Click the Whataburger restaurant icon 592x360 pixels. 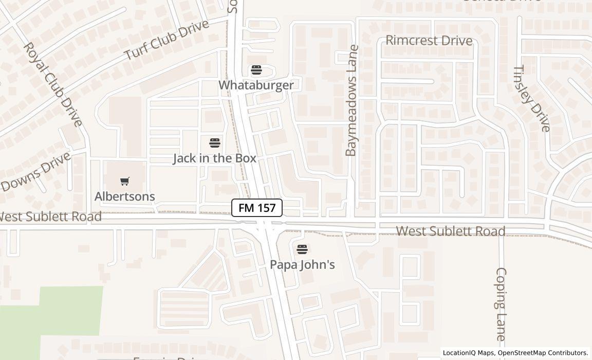point(256,70)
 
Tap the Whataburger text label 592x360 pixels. point(256,85)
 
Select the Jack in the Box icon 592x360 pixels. point(215,143)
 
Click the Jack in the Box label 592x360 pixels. point(214,158)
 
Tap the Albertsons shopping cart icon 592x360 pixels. point(125,181)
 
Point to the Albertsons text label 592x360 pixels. point(125,196)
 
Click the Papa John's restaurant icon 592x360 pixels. point(302,249)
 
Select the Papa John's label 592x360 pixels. point(303,264)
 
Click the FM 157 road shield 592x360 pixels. point(257,208)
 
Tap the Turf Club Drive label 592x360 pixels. point(167,40)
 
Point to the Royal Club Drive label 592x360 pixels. point(53,84)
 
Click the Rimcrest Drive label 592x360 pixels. point(429,40)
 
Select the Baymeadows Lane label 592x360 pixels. point(351,101)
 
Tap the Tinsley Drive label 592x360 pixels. point(532,98)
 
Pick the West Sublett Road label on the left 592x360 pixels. point(50,217)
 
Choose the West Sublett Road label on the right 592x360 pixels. point(451,231)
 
